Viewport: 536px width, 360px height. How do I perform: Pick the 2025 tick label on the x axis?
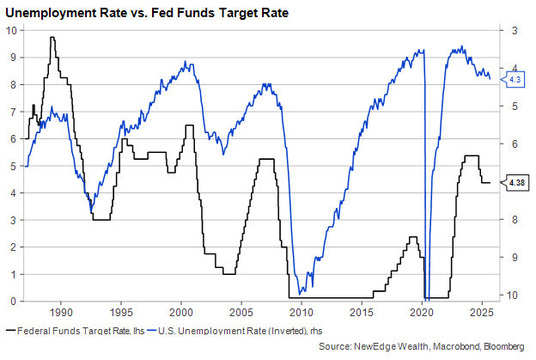pos(481,310)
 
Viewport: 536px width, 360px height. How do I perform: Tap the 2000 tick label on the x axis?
pos(181,310)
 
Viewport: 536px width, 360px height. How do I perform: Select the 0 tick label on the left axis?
pos(14,301)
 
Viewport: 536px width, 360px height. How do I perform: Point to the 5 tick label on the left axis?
pos(14,166)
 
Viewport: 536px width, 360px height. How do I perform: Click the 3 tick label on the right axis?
pos(514,31)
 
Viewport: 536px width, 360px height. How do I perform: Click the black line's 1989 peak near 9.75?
pos(52,37)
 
